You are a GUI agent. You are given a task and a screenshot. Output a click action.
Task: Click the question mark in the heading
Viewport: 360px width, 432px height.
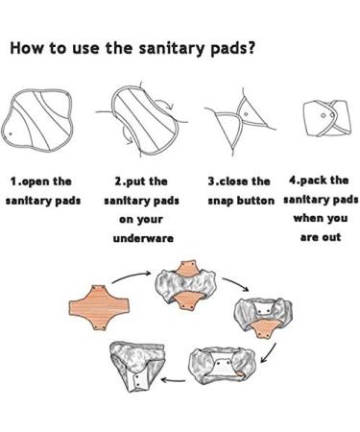pos(252,47)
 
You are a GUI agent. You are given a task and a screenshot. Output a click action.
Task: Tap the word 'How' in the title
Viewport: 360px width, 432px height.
pos(26,48)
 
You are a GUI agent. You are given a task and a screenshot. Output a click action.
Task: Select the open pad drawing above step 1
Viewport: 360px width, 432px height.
pos(37,121)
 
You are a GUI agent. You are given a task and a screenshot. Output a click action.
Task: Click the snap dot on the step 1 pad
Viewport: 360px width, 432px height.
pos(11,133)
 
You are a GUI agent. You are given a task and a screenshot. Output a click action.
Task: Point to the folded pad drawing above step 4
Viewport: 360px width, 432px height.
pos(326,118)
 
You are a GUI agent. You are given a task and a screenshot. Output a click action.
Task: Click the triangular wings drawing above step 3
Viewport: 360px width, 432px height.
pos(240,122)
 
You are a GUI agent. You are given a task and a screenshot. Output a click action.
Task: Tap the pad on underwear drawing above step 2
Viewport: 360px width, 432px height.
pos(142,119)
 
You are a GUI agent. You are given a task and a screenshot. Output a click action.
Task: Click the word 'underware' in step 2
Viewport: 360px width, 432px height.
pos(143,238)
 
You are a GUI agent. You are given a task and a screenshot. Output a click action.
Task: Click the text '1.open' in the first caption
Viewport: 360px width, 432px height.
pos(30,182)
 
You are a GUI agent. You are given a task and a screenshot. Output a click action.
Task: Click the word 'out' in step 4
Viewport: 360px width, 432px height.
pos(331,237)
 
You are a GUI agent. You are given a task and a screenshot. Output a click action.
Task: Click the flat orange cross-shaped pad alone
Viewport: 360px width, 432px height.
pos(99,307)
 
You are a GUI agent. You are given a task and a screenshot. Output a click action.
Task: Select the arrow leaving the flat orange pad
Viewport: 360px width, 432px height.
pos(132,276)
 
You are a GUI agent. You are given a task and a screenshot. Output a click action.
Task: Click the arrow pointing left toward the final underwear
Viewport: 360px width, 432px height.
pos(173,380)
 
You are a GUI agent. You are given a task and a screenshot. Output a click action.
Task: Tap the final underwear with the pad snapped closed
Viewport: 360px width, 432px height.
pos(137,365)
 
